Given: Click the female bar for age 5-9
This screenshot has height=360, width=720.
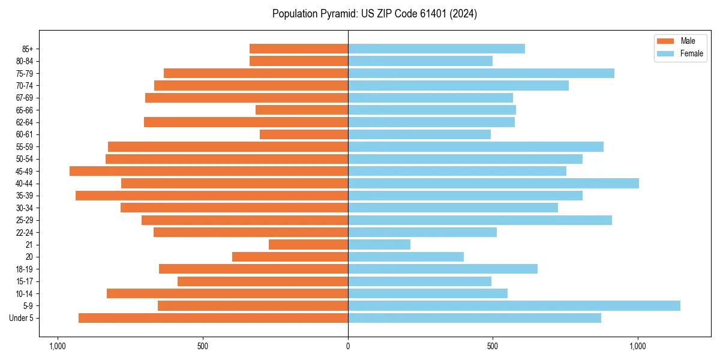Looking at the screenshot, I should click(x=514, y=306).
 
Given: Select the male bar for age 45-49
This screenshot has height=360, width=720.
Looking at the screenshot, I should click(x=209, y=171).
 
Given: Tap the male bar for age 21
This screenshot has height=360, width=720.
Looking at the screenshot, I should click(x=308, y=245).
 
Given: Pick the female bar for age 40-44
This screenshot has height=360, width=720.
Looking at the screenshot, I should click(x=493, y=184).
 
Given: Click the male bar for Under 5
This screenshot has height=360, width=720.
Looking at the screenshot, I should click(x=213, y=318).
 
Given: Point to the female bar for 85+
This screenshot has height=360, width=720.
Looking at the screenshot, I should click(x=436, y=49).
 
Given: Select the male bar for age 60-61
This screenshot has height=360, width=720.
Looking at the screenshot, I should click(x=304, y=134).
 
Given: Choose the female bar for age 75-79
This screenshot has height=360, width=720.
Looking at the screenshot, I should click(x=481, y=73).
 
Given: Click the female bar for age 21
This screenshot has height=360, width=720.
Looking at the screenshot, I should click(x=379, y=245).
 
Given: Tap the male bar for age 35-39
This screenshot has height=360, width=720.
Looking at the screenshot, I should click(x=212, y=196).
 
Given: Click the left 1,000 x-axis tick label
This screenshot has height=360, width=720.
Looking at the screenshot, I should click(x=58, y=346).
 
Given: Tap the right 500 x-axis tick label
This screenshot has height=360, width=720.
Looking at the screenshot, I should click(x=493, y=346).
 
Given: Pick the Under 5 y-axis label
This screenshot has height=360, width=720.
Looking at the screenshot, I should click(x=21, y=318).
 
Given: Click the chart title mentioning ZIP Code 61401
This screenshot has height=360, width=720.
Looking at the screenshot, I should click(x=374, y=14).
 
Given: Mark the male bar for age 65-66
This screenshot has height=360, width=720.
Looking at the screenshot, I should click(x=302, y=110).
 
